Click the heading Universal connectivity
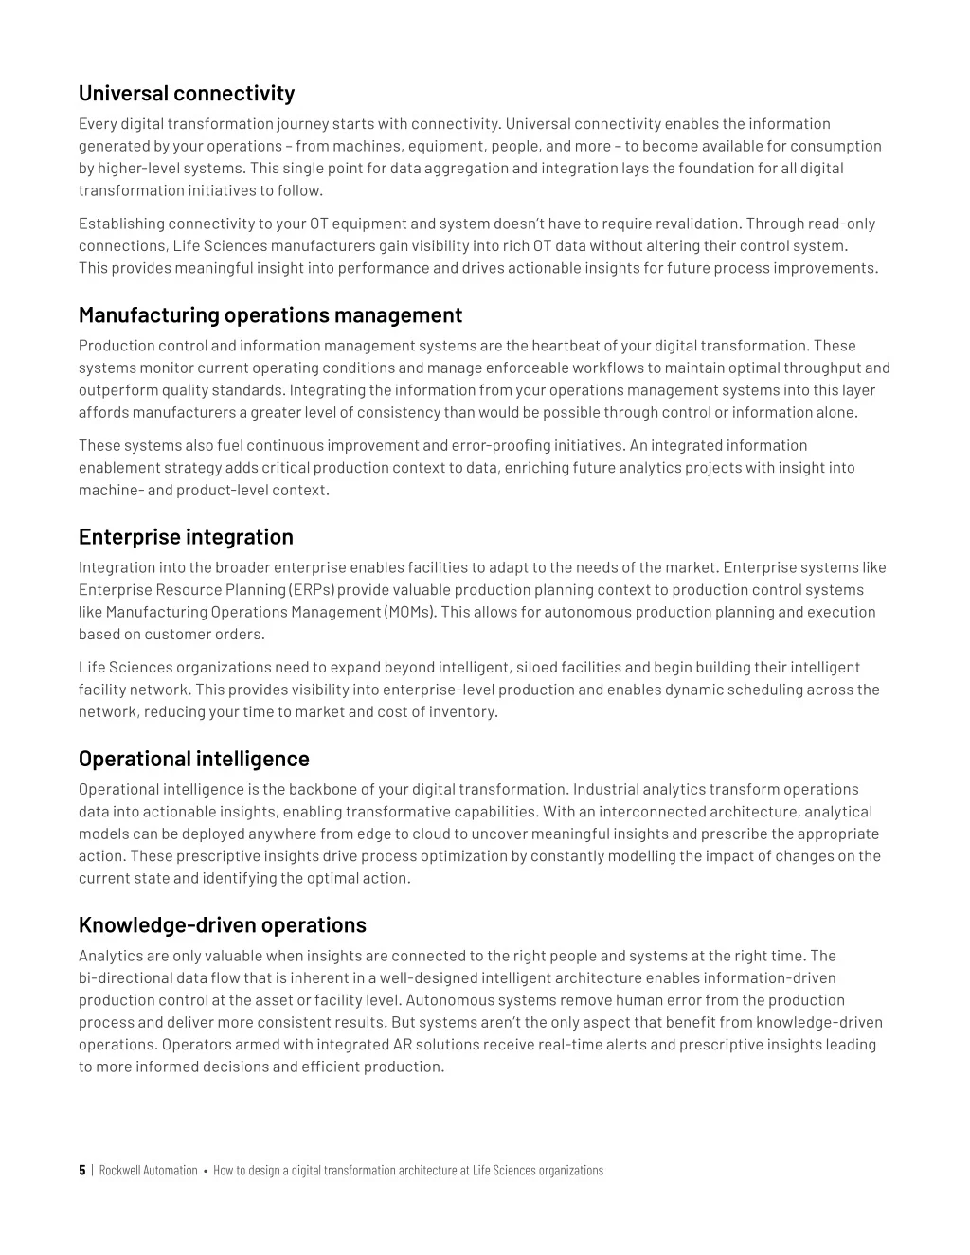[186, 93]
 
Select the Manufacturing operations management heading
[270, 314]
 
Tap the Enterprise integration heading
[186, 537]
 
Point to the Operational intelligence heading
[193, 759]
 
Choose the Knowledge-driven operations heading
[222, 924]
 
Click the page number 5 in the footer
[82, 1170]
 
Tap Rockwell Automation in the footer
[148, 1170]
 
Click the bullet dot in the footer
[206, 1171]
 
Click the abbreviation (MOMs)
[411, 612]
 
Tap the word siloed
[536, 667]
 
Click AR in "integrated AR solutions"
[403, 1045]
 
